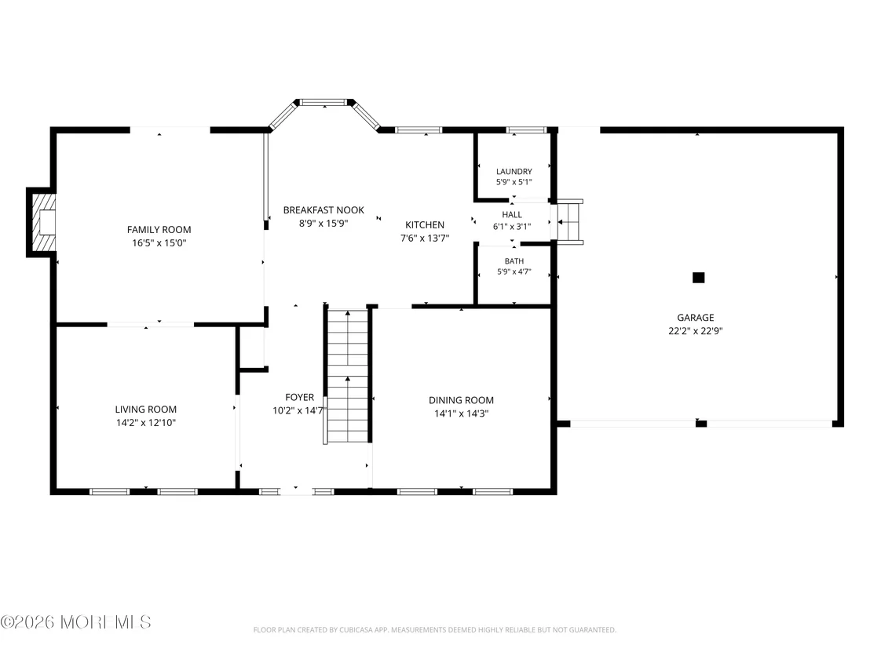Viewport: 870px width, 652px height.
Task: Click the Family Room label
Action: point(159,230)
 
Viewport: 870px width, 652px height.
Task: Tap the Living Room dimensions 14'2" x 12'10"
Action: point(146,422)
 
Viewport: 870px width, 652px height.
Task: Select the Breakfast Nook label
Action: point(324,210)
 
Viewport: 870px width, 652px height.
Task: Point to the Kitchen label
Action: point(425,224)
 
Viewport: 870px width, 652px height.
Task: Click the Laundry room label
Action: point(514,171)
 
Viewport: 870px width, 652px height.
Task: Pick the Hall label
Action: point(512,214)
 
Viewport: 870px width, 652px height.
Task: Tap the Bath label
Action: point(514,261)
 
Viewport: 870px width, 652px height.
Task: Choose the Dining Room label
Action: point(461,400)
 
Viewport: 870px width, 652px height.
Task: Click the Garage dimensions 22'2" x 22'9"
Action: point(695,331)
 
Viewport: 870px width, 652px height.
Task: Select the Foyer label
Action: point(300,398)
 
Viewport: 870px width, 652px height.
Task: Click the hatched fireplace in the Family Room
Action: point(44,222)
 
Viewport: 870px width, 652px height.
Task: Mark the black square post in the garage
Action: point(699,278)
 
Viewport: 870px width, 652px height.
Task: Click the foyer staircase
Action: point(347,376)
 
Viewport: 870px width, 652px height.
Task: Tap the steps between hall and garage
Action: point(570,222)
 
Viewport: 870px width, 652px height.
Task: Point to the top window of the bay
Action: point(324,102)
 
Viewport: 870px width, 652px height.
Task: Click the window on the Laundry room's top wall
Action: point(527,130)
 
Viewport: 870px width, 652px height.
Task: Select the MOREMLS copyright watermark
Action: point(76,622)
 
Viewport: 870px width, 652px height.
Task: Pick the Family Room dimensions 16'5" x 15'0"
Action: point(159,243)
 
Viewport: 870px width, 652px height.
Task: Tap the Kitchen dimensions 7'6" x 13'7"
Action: point(425,239)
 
